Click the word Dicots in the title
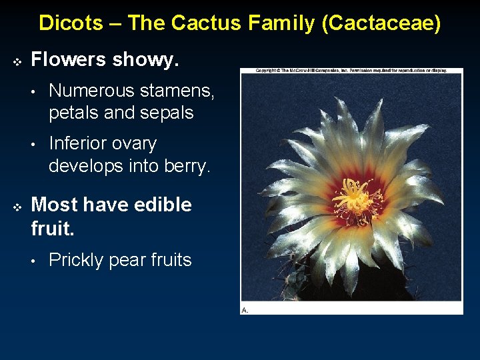click(71, 23)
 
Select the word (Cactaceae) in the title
click(380, 23)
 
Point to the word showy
click(146, 60)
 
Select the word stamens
click(180, 91)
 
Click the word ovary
click(137, 144)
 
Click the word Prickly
click(78, 260)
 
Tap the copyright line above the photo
click(351, 70)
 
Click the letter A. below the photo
click(245, 310)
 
